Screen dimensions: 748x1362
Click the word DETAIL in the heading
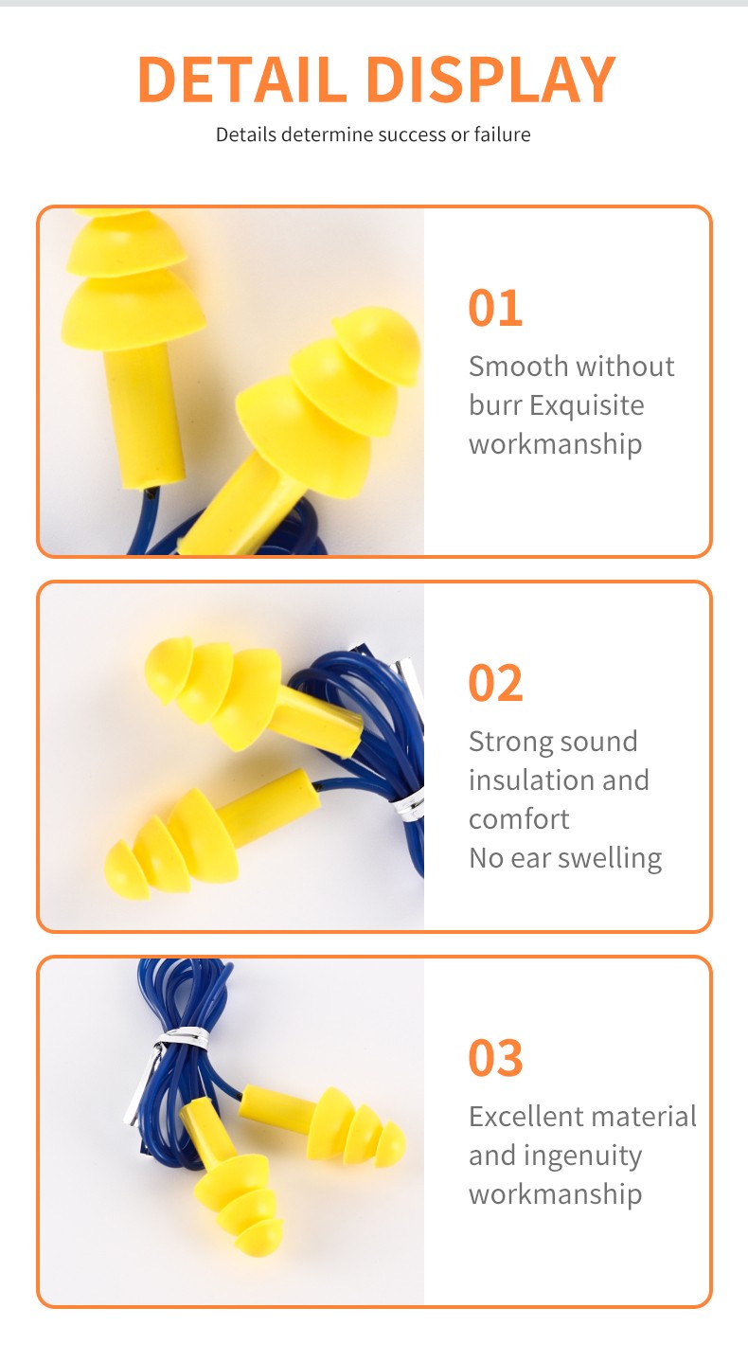tap(242, 79)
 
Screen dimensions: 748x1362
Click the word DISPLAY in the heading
tap(491, 79)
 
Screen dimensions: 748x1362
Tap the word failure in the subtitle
tap(503, 134)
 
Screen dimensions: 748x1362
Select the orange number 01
tap(495, 308)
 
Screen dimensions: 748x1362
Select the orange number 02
tap(495, 683)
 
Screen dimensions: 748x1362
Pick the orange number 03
tap(495, 1058)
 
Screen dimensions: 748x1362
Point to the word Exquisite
tap(586, 405)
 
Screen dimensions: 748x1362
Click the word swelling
tap(610, 858)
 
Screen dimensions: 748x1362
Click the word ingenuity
tap(582, 1156)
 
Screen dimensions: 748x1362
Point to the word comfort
tap(519, 819)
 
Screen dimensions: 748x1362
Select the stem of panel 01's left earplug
tap(145, 417)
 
